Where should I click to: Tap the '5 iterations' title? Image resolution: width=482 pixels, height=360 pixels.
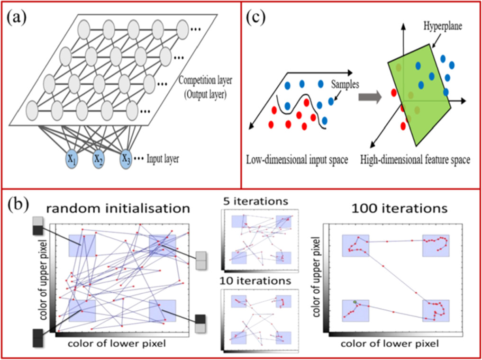256,201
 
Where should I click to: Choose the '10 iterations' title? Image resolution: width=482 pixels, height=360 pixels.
255,281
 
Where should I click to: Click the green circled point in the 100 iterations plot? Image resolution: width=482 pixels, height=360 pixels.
355,301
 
